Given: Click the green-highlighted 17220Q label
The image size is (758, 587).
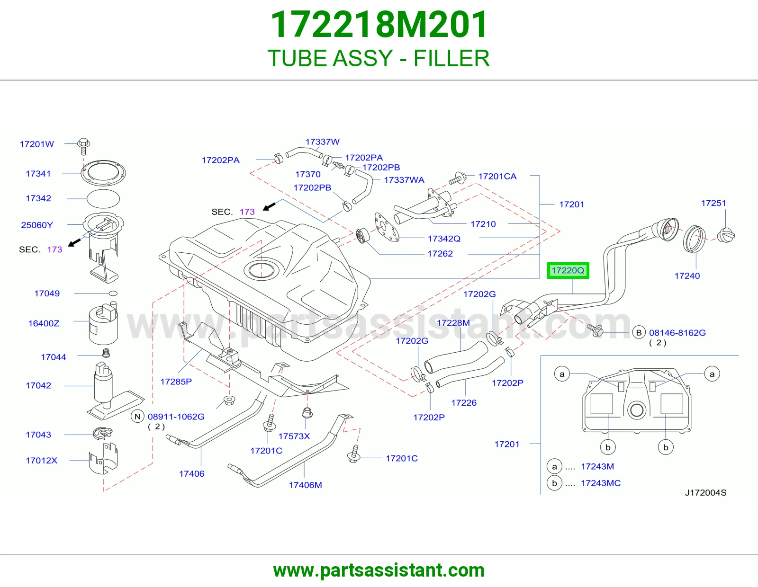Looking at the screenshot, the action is coord(568,270).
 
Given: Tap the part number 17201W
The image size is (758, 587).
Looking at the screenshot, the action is coord(37,144).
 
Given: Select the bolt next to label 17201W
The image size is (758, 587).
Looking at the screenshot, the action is coord(84,146).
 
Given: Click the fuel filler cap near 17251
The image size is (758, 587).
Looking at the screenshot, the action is coord(726,235).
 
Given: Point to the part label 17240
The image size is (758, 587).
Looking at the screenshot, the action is coord(687,276).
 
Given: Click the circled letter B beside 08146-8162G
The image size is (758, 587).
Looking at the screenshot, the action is coord(639,332).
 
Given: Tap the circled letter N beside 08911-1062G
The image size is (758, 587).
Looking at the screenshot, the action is coord(137,417).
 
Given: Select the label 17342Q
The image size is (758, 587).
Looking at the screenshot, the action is coord(444,239).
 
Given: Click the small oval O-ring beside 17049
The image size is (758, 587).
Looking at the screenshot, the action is coord(113,293).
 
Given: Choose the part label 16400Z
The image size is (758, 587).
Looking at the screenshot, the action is coord(44,323).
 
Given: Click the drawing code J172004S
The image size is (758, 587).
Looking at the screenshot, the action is coord(706,492).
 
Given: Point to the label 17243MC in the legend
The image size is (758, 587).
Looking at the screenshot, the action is coord(601,483).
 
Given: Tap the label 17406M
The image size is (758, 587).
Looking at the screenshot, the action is coord(305,485).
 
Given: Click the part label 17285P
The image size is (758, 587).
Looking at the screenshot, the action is coord(176,382).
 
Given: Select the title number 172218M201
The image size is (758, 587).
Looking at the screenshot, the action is coord(379,25).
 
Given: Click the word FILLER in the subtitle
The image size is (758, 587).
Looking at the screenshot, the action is coord(452,58).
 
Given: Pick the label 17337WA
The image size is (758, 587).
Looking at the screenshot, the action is coord(404,180).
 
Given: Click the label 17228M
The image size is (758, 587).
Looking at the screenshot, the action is coord(453,323).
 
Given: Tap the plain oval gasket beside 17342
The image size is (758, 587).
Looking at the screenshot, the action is coord(103,199).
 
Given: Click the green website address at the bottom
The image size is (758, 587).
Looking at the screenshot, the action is coord(379,570).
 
